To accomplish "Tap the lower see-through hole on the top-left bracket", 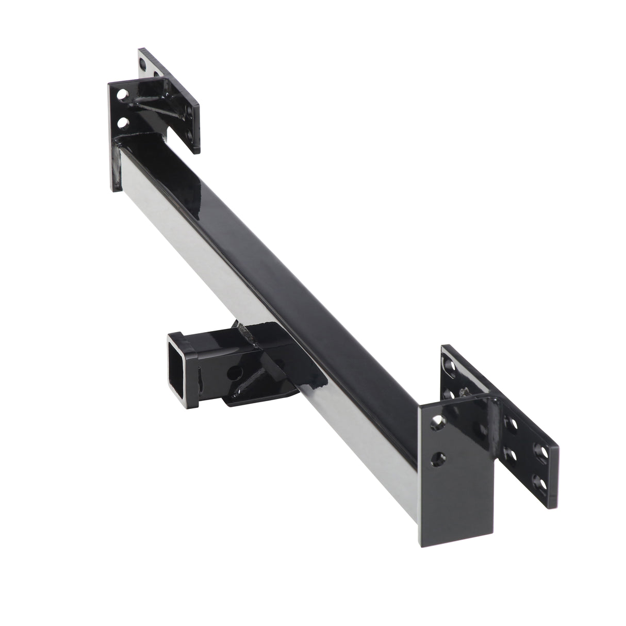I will [x=122, y=122].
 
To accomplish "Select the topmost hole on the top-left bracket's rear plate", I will [x=143, y=61].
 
